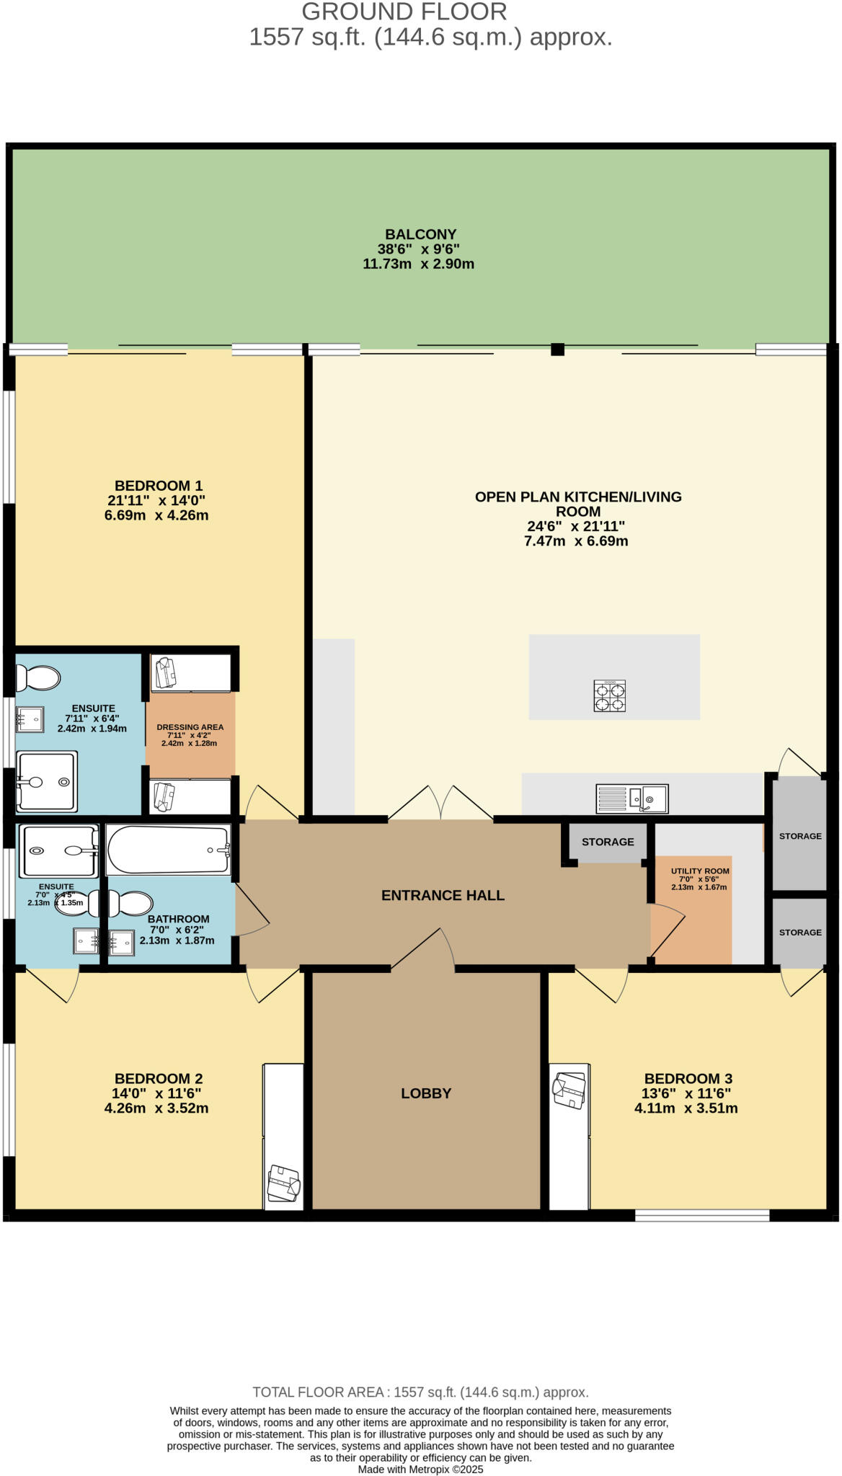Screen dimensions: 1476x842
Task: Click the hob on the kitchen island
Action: tap(610, 695)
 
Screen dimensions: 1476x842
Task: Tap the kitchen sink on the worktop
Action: tap(632, 799)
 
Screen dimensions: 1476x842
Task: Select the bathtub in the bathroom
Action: tap(169, 850)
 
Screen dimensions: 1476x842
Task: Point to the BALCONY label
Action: tap(420, 234)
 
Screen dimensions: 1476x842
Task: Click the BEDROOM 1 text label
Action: tap(158, 486)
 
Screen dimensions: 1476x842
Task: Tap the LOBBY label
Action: tap(426, 1093)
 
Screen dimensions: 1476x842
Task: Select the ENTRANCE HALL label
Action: tap(443, 895)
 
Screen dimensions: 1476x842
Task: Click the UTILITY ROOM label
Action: tap(700, 871)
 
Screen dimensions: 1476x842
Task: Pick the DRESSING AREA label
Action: tap(190, 727)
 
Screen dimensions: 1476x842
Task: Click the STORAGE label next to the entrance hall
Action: tap(608, 842)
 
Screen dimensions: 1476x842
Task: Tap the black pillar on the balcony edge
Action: tap(557, 350)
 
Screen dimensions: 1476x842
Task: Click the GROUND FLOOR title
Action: tap(404, 12)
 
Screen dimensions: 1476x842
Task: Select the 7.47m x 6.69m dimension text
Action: tap(575, 541)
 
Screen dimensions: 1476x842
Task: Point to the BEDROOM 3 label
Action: tap(688, 1078)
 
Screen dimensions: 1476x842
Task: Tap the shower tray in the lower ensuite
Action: tap(58, 850)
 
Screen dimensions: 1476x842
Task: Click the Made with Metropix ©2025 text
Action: tap(420, 1469)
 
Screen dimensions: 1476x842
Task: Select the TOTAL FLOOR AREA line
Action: tap(420, 1392)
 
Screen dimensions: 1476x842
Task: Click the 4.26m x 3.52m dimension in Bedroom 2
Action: tap(156, 1108)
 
